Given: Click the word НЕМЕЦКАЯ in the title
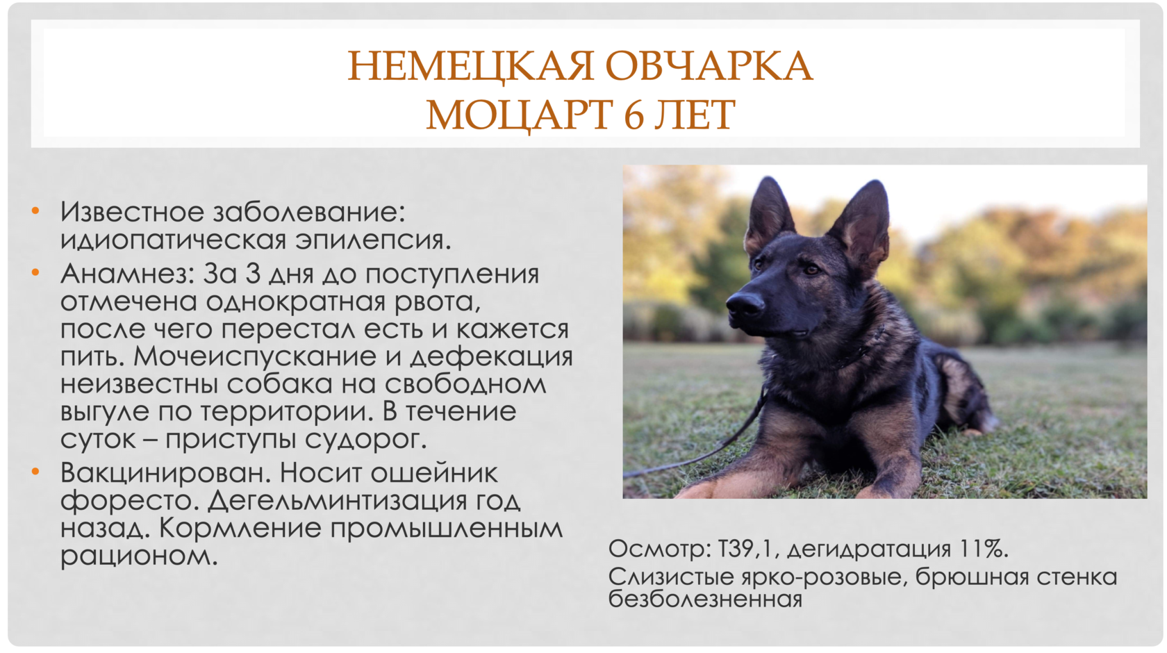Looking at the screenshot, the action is pos(470,66).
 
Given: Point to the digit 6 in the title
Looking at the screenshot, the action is pos(633,115).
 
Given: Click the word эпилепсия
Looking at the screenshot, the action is pos(373,240).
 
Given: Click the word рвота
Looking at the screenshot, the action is pos(437,302).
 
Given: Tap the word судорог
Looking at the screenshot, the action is pos(365,440).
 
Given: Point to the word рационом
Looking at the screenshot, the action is pos(139,556).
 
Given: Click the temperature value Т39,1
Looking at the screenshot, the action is pos(748,549).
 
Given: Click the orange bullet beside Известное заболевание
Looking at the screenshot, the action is pos(35,211).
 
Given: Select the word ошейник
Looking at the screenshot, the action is pos(433,473).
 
